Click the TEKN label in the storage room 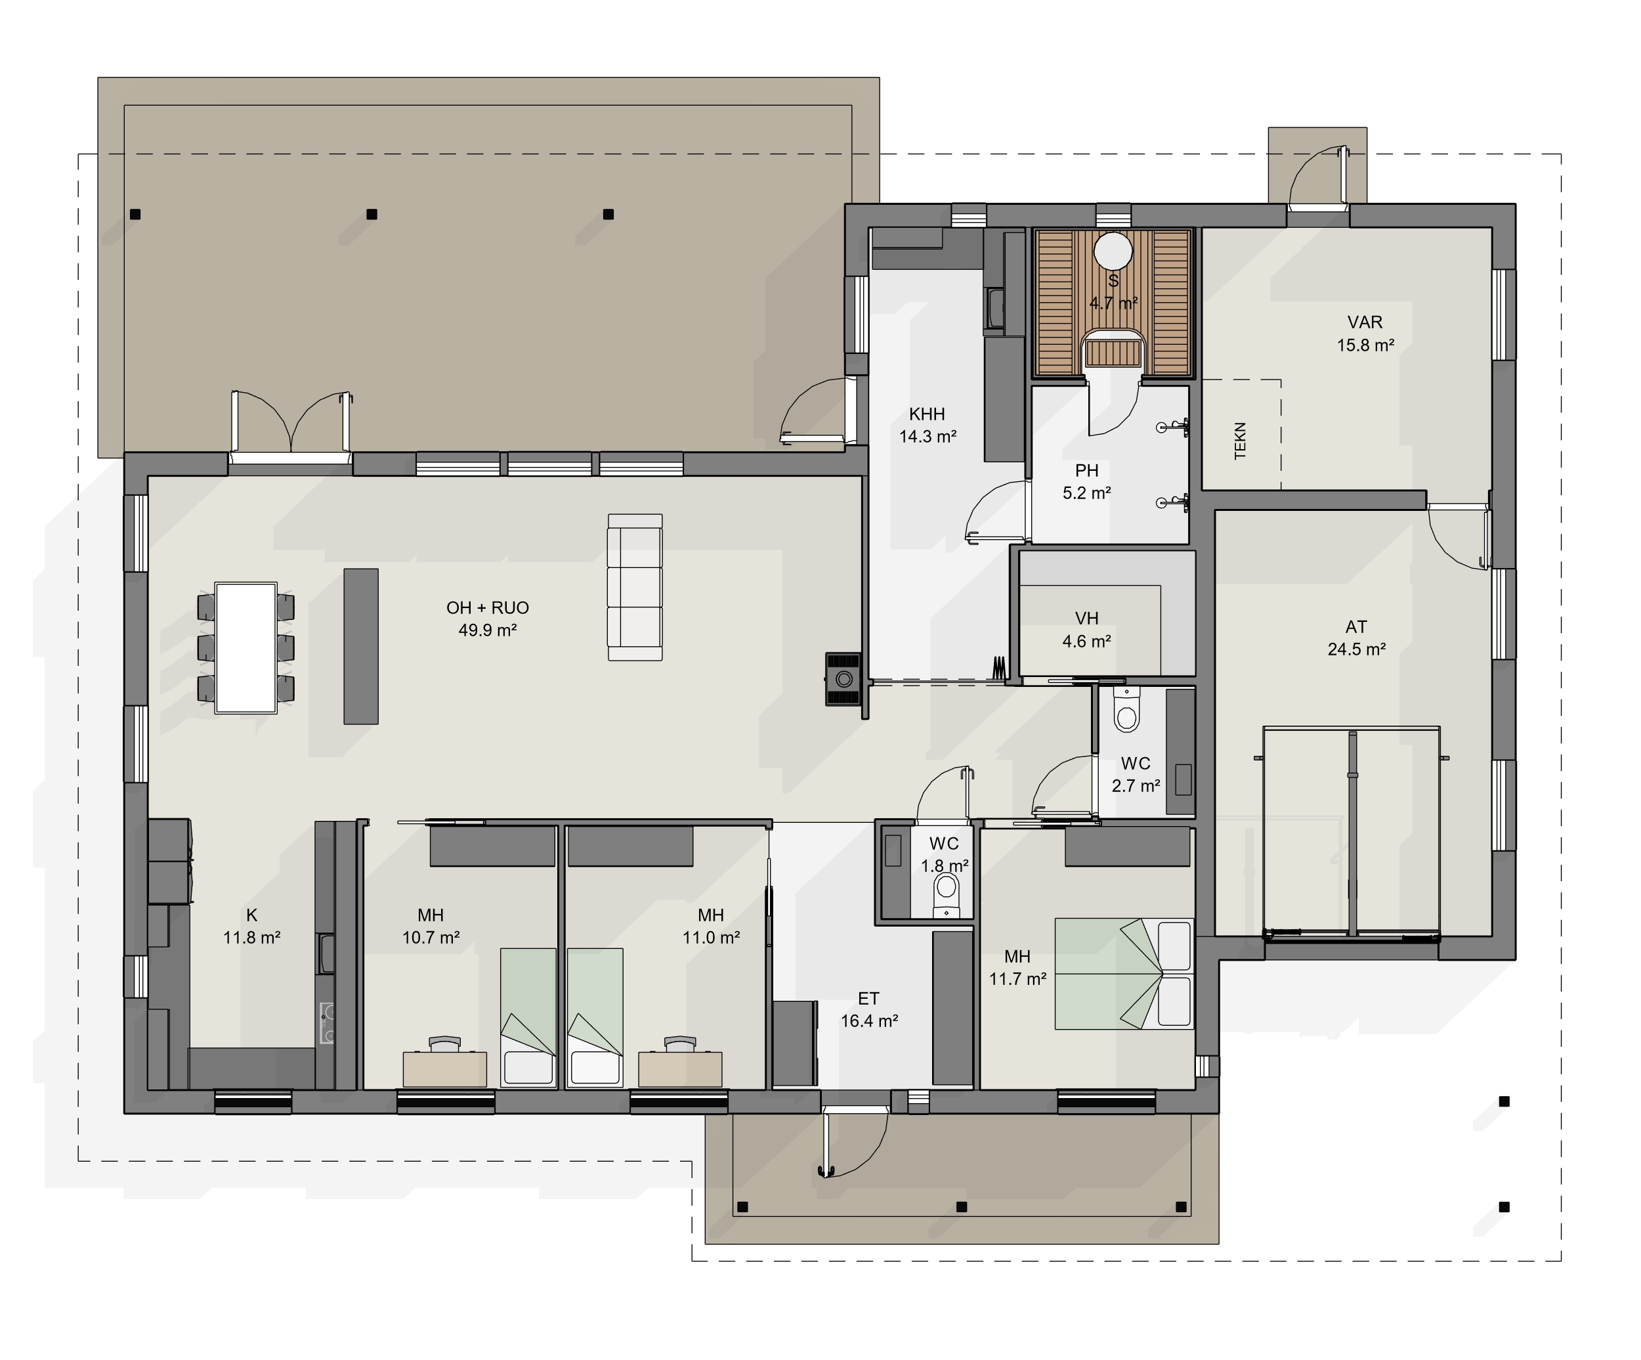[x=1240, y=441]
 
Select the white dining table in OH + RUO [x=246, y=648]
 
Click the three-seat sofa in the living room [x=635, y=587]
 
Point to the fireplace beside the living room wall [x=844, y=679]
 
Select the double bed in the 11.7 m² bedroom [x=1124, y=974]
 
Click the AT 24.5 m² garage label [x=1357, y=638]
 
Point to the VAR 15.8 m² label [x=1365, y=334]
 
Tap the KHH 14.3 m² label [x=927, y=425]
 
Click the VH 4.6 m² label [x=1086, y=630]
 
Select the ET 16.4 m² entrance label [x=869, y=1010]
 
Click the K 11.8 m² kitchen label [x=251, y=926]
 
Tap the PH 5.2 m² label [x=1086, y=481]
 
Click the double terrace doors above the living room [x=291, y=423]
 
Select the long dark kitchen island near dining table [x=361, y=646]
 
